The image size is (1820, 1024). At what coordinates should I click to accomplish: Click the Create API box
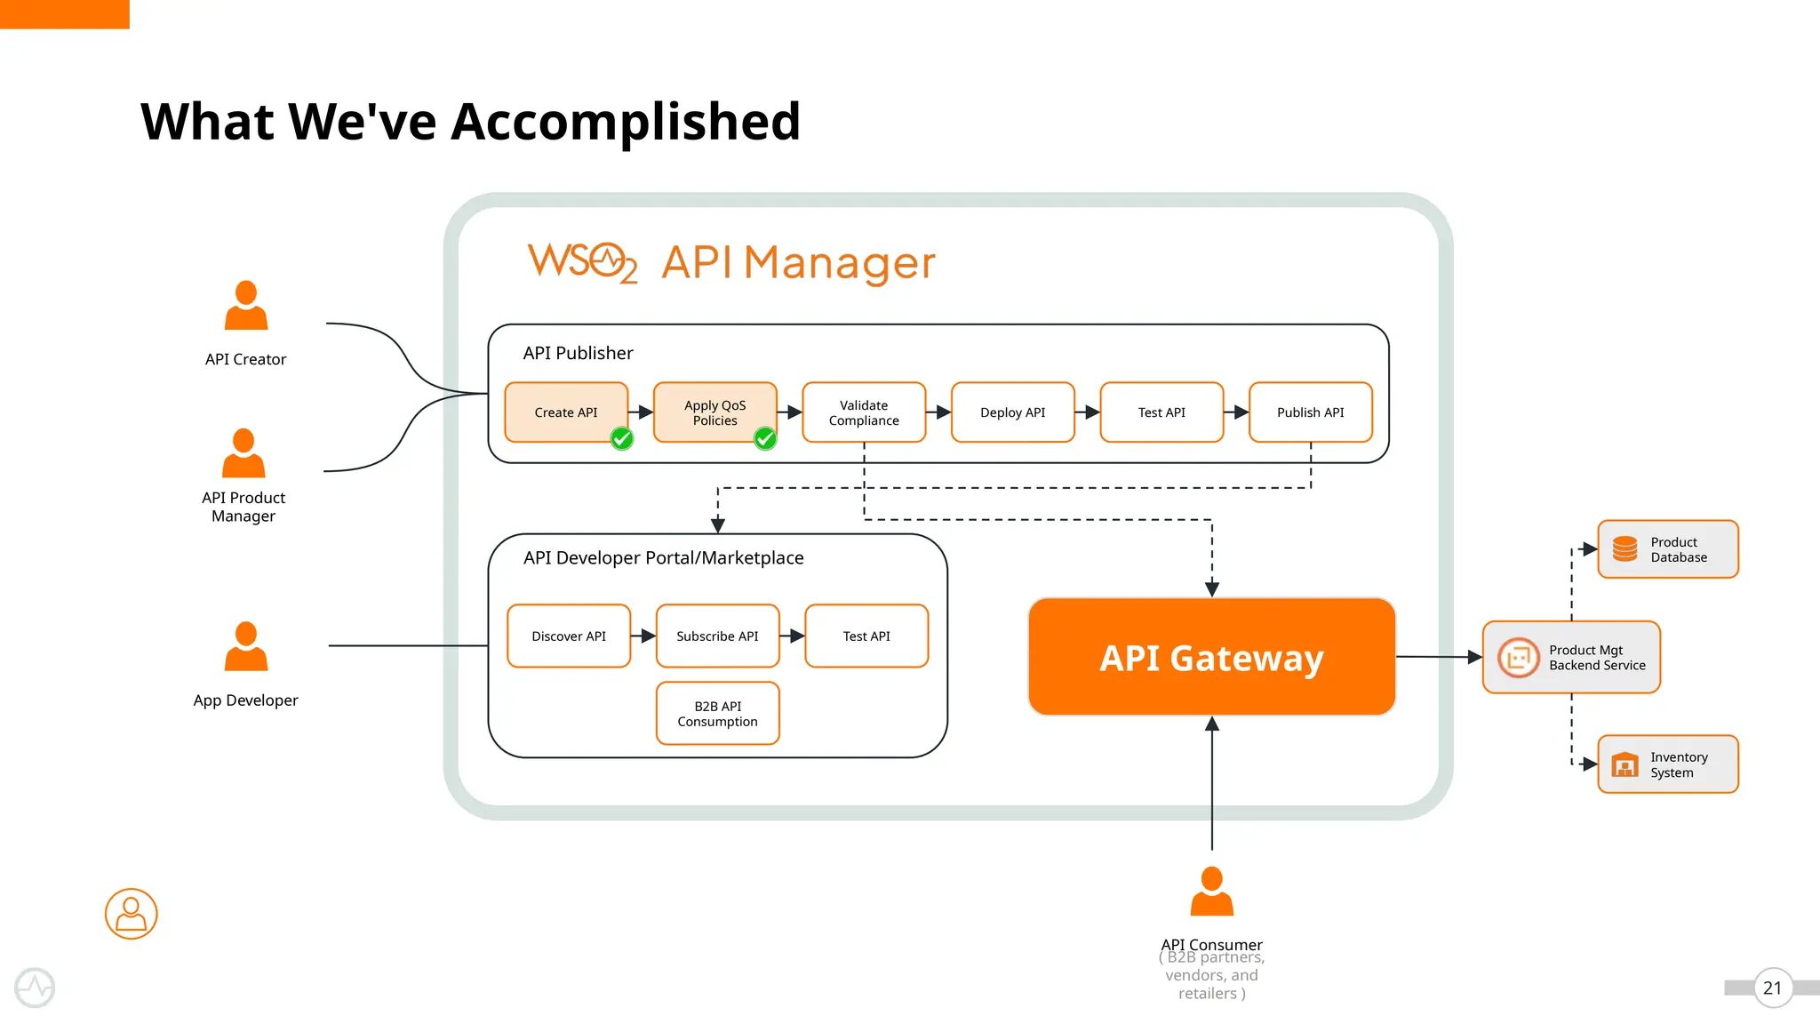566,412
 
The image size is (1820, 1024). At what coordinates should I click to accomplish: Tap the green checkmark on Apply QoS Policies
765,438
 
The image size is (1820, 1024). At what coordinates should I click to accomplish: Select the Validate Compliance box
864,412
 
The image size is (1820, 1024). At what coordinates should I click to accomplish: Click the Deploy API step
1012,412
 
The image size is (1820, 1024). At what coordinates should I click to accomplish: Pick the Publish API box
1310,412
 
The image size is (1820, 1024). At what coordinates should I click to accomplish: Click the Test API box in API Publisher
1161,412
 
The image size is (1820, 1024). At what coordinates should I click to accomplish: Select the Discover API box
569,636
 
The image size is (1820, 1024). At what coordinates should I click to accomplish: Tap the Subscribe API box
717,636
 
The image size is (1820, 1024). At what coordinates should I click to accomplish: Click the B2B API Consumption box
717,714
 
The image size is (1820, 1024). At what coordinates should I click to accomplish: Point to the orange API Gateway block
1211,658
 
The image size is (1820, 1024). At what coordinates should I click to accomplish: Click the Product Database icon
1624,549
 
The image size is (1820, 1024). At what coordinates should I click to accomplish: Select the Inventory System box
1668,764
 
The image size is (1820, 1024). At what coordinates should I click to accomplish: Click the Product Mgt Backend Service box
1571,658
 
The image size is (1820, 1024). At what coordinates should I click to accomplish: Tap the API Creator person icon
246,306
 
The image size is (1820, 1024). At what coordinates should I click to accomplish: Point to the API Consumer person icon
1211,892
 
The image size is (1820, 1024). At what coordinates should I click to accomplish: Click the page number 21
1772,988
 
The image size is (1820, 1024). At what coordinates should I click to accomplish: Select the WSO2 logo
582,262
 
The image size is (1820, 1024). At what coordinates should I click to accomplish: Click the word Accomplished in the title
626,122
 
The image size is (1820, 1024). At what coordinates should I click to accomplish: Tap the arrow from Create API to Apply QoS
641,412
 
